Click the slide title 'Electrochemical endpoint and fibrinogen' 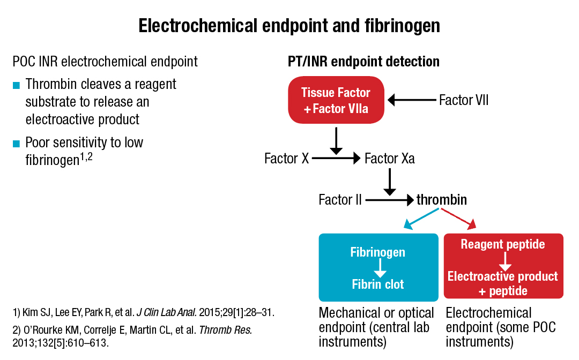[x=289, y=26]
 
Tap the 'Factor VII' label [x=463, y=100]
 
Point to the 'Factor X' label [x=286, y=159]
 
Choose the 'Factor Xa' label [x=389, y=159]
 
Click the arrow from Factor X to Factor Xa [x=336, y=159]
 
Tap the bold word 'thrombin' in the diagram [x=442, y=200]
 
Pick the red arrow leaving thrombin [x=459, y=219]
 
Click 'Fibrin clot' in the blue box [x=377, y=283]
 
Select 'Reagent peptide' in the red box [x=503, y=245]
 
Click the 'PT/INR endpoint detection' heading [x=363, y=62]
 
